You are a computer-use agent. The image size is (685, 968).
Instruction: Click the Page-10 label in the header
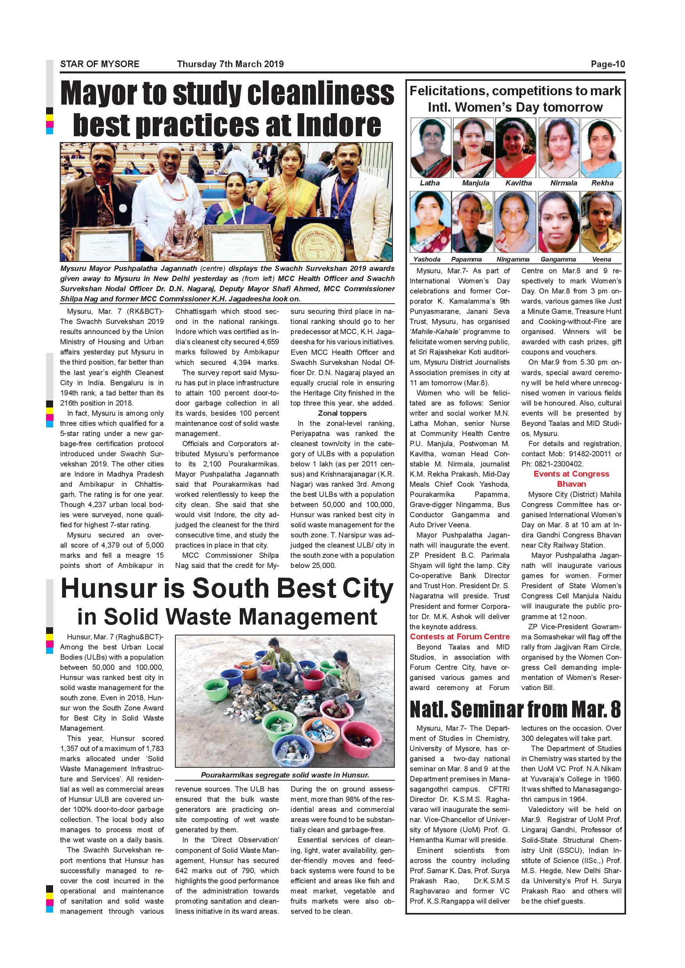click(607, 64)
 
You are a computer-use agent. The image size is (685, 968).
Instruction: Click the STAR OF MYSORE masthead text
click(100, 64)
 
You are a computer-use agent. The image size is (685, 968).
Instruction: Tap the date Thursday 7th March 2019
click(230, 64)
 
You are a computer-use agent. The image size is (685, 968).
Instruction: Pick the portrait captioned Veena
click(601, 222)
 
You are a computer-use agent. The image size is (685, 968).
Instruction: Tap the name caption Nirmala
click(564, 183)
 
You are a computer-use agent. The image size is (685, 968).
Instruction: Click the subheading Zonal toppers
click(342, 413)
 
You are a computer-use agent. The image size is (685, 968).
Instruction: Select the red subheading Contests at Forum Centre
click(460, 637)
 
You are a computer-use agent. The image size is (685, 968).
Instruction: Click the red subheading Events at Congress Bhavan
click(571, 479)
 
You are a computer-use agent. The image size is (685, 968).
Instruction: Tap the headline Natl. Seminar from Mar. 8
click(515, 710)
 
